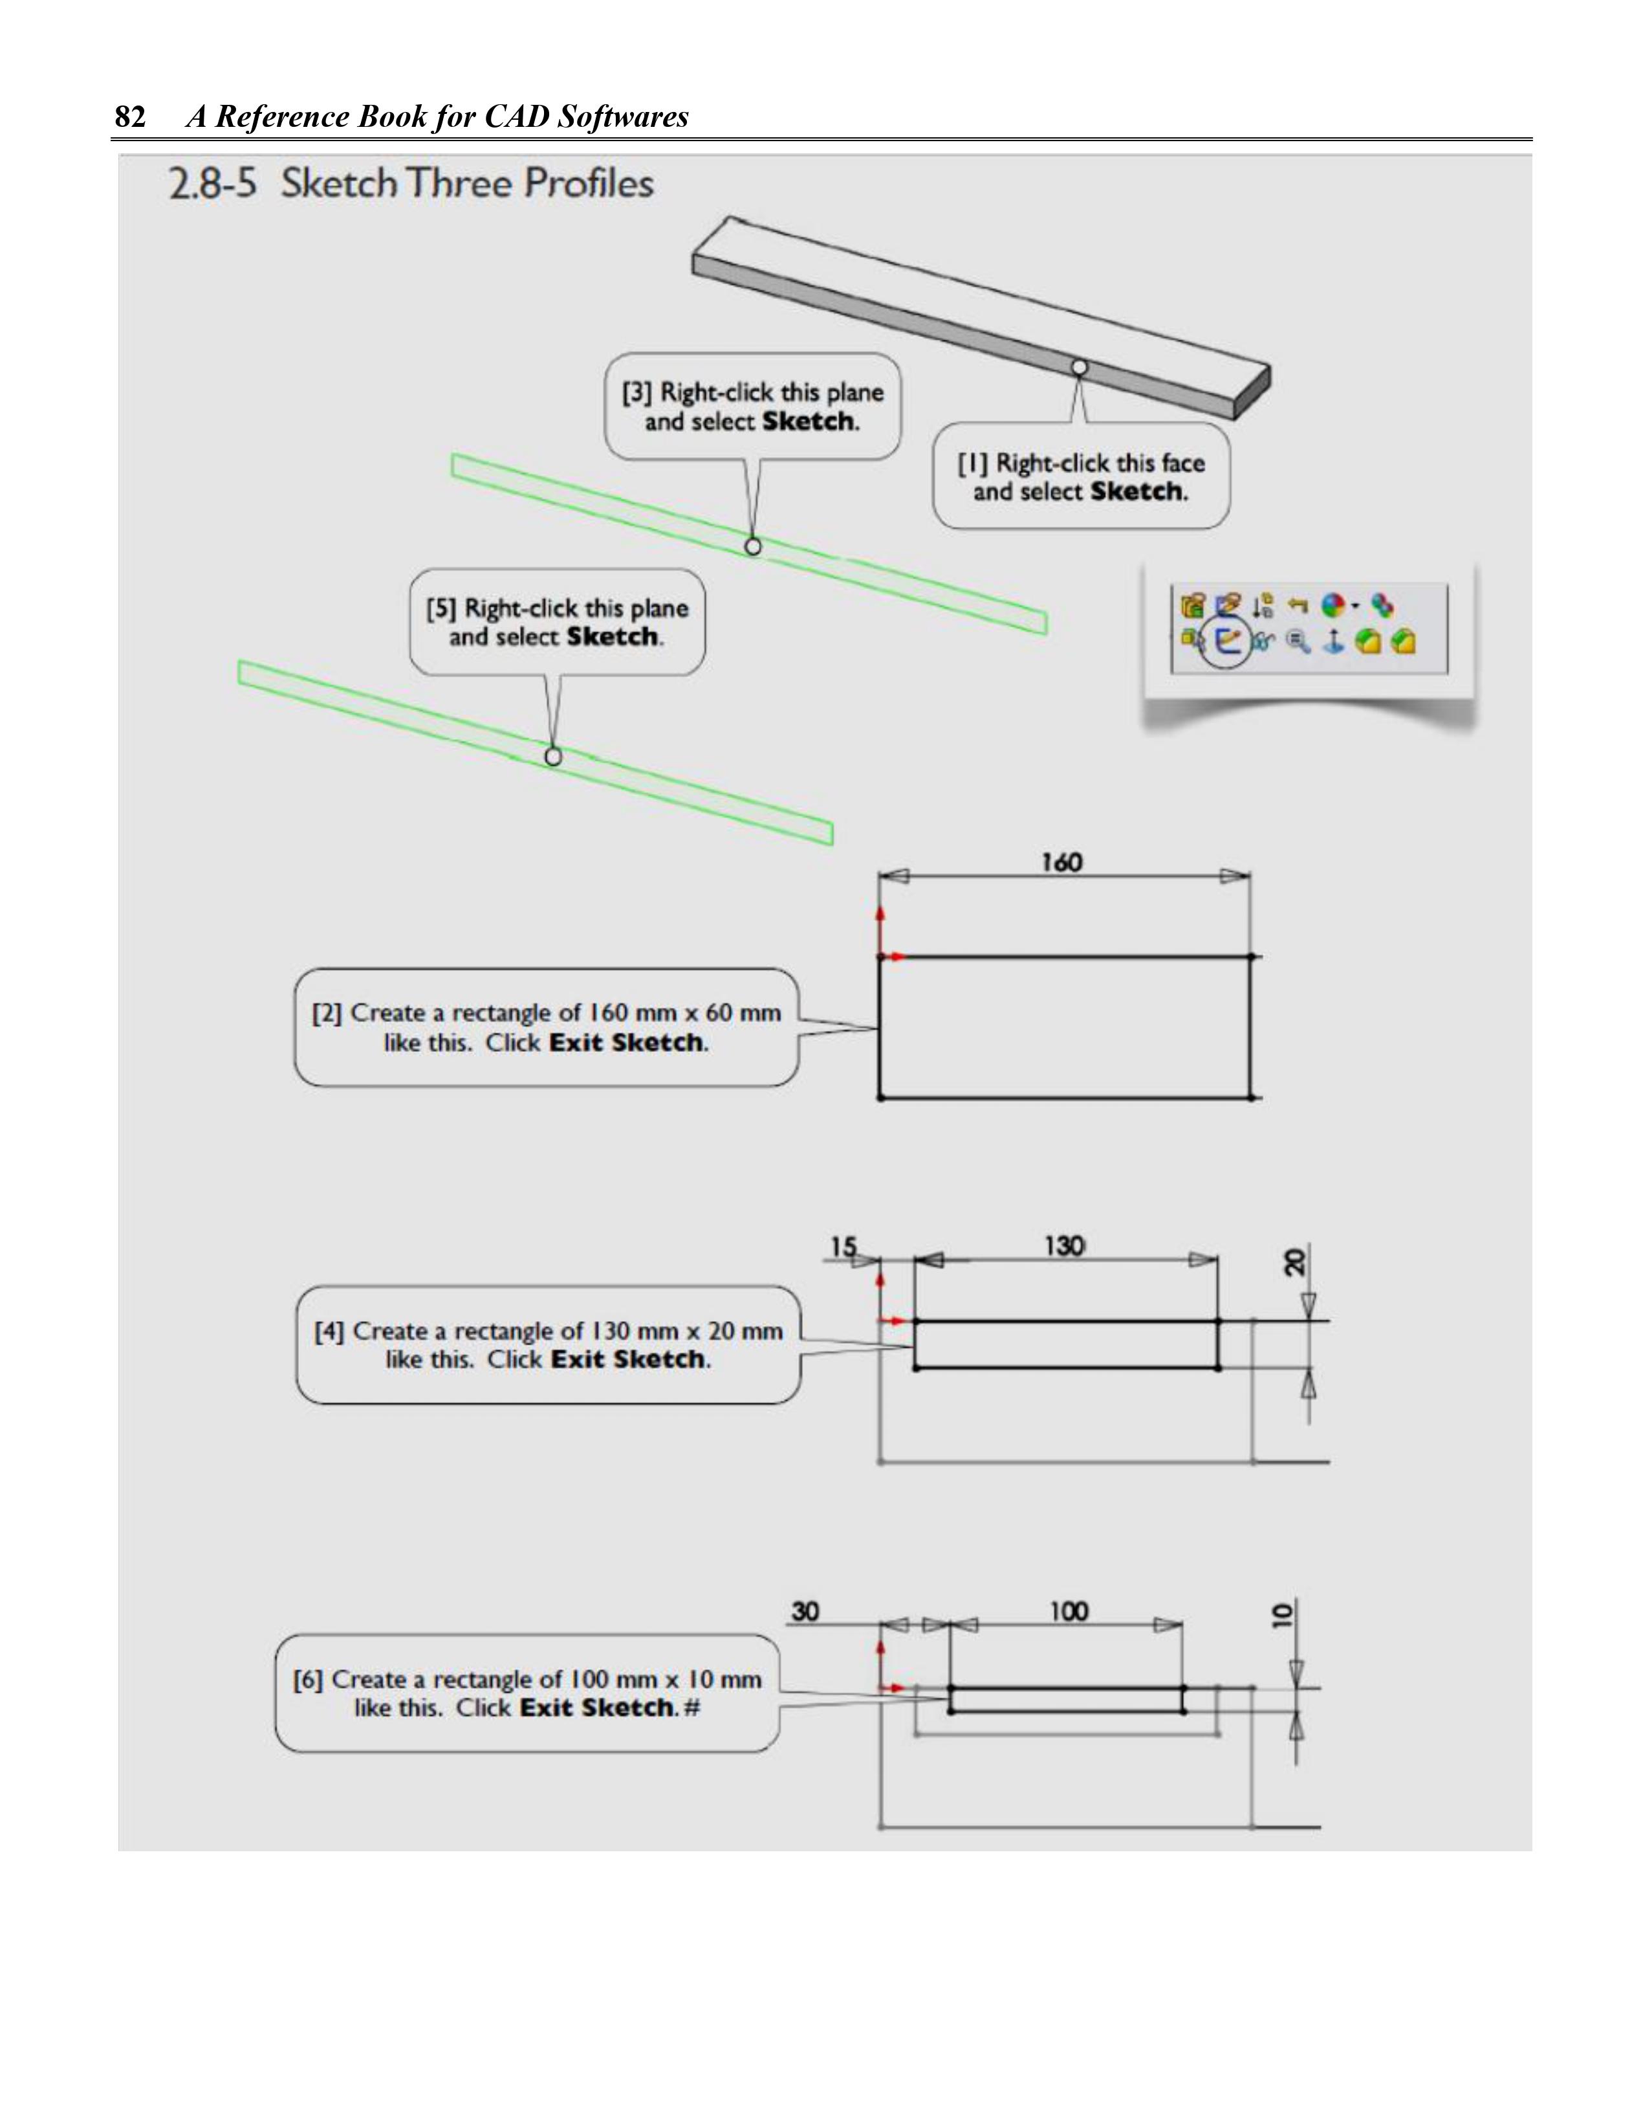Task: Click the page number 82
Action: coord(130,117)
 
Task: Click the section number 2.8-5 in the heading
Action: coord(213,184)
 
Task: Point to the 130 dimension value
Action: coord(1065,1246)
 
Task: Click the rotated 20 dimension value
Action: coord(1296,1262)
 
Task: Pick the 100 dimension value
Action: coord(1069,1612)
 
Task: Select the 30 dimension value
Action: coord(805,1612)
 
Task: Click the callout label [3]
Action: coord(637,393)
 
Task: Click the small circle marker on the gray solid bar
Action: coord(1080,367)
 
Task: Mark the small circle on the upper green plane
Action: coord(754,546)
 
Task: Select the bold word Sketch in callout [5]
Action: coord(612,638)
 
